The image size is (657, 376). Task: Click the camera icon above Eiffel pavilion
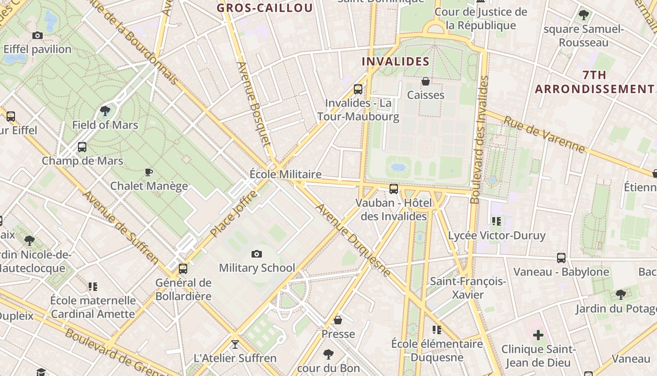click(x=38, y=35)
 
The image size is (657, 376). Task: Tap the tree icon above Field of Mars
click(x=105, y=111)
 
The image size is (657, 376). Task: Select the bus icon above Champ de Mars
click(x=82, y=147)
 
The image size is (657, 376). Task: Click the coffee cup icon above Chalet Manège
click(x=149, y=172)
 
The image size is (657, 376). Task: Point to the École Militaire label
click(x=285, y=174)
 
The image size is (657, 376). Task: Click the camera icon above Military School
click(x=256, y=254)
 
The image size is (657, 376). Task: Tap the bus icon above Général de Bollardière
click(x=183, y=269)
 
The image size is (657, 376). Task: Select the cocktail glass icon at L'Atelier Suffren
click(x=235, y=345)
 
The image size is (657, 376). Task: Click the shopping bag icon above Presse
click(x=338, y=321)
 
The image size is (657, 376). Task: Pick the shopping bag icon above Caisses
click(x=426, y=82)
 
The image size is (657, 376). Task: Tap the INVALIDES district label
click(x=396, y=61)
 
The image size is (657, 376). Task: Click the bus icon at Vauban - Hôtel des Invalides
click(x=394, y=189)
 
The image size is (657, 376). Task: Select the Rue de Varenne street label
click(x=544, y=135)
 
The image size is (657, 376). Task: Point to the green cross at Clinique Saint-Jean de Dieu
click(x=538, y=336)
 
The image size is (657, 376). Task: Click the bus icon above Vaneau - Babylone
click(x=561, y=258)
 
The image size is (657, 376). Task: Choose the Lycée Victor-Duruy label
click(x=497, y=235)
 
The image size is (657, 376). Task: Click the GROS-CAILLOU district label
click(x=265, y=8)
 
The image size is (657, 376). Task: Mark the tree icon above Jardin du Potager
click(x=620, y=295)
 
